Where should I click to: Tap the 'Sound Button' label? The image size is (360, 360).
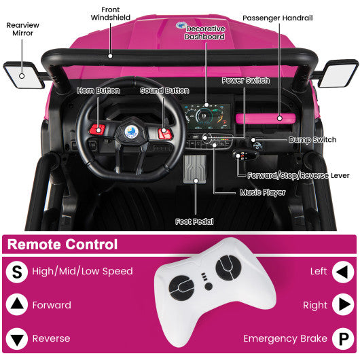[x=164, y=90]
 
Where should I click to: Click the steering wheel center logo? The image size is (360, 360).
[x=130, y=132]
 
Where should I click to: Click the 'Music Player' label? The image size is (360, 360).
[x=262, y=192]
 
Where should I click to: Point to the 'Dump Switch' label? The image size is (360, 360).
[x=312, y=139]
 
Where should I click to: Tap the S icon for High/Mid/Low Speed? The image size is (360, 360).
[x=16, y=272]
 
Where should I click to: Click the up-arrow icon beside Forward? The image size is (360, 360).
[x=16, y=304]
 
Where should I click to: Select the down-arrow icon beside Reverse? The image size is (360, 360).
[x=16, y=338]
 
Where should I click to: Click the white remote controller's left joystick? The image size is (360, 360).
[x=181, y=289]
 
